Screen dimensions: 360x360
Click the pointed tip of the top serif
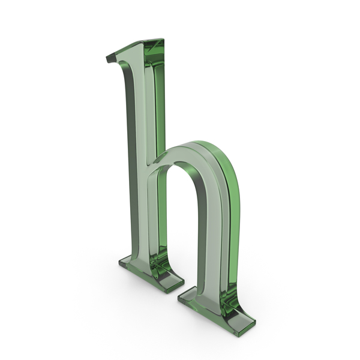[107, 59]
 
